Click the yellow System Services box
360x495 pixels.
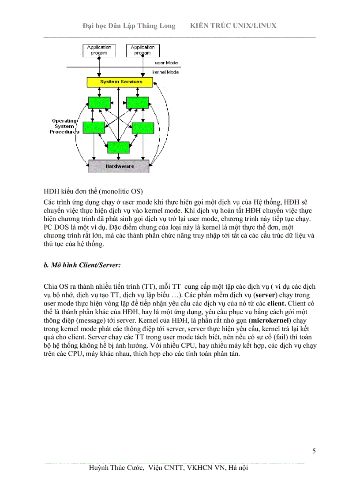(120, 82)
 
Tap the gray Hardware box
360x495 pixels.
(119, 167)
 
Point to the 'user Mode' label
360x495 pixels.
(166, 63)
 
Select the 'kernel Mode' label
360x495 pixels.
(165, 72)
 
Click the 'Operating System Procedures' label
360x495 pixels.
(64, 126)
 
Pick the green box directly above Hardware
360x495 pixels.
(118, 147)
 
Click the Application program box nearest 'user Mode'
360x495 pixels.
(142, 50)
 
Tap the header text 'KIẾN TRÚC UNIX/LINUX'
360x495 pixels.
(233, 26)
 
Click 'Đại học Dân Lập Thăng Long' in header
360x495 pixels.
(129, 26)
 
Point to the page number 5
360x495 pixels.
(314, 451)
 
